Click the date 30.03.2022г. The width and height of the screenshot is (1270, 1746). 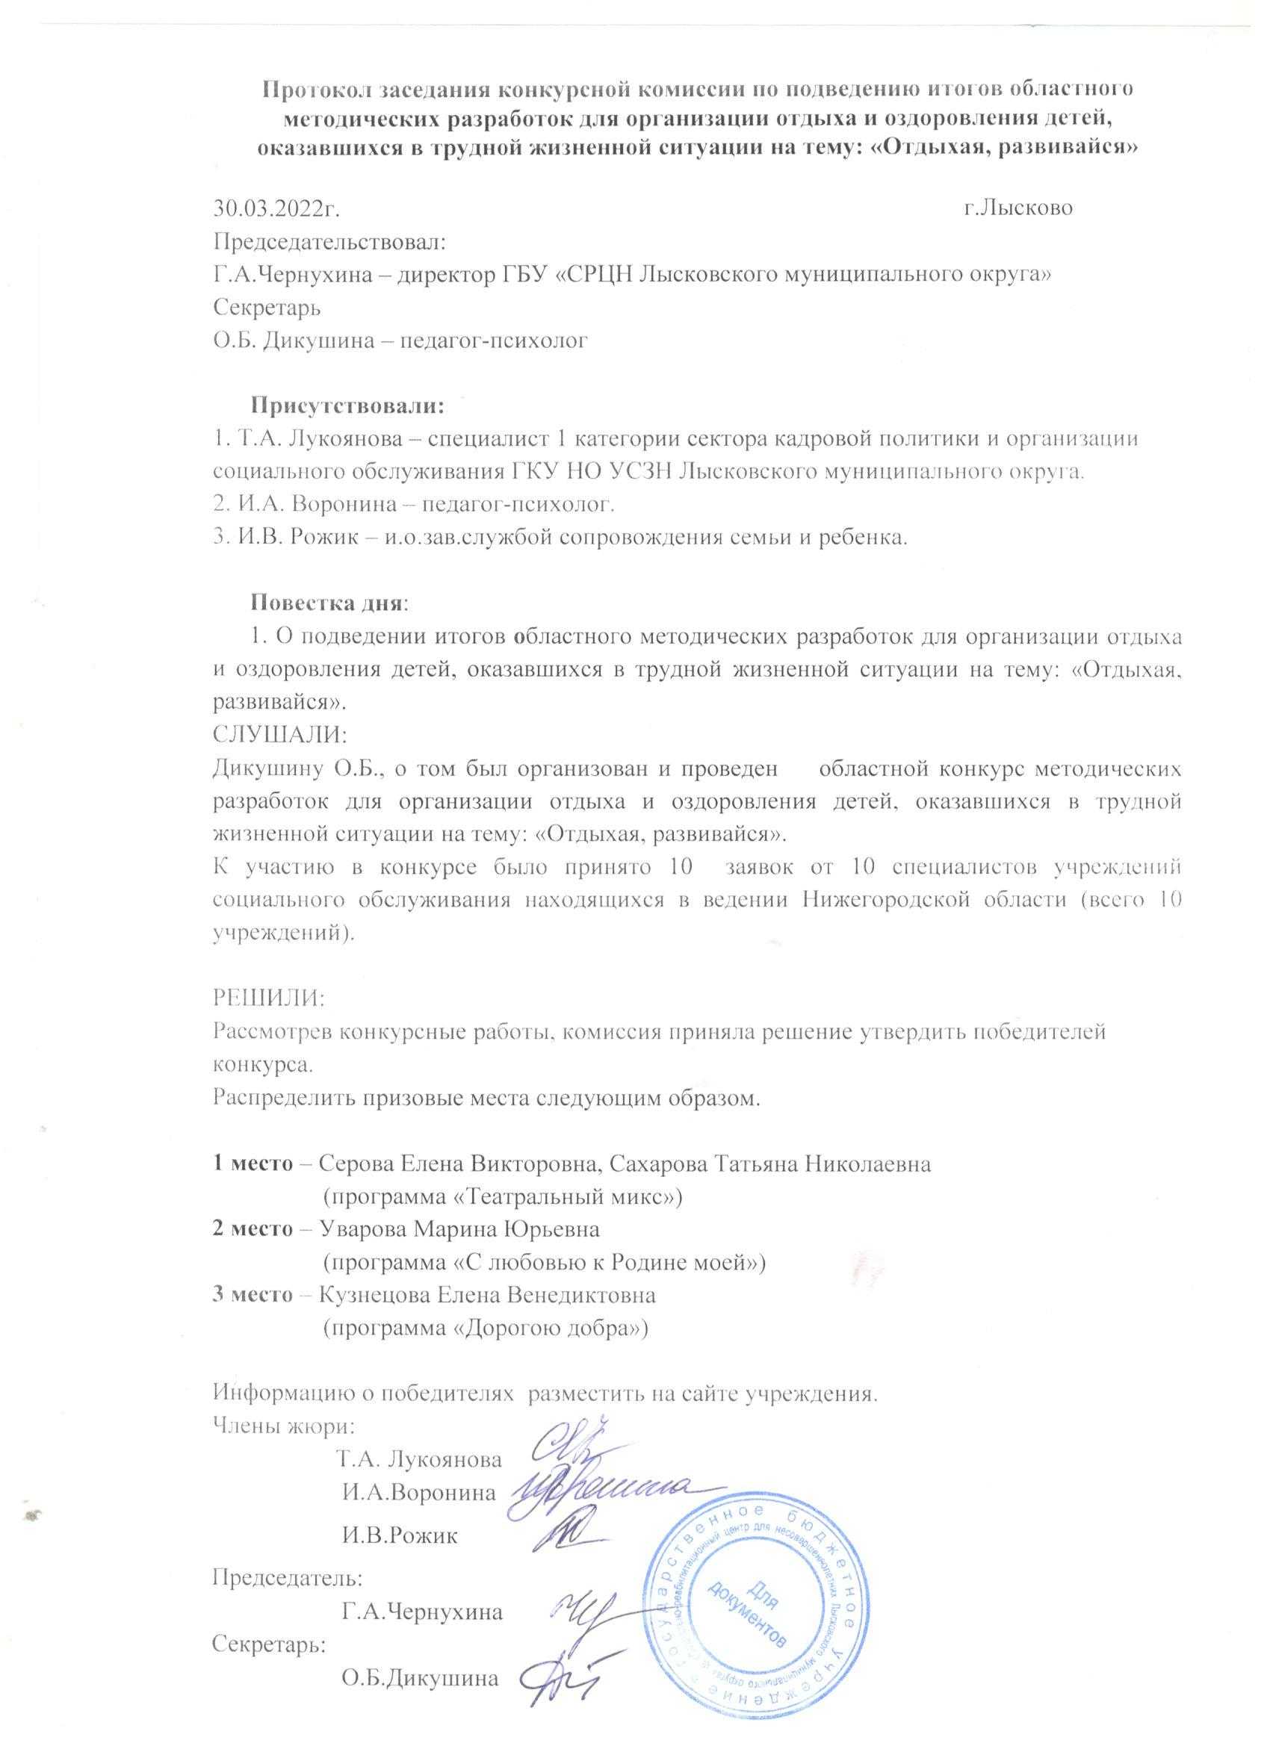276,208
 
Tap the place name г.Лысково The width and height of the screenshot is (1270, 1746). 1018,208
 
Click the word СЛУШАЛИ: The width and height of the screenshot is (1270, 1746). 280,735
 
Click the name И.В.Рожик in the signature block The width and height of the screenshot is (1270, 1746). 400,1537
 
